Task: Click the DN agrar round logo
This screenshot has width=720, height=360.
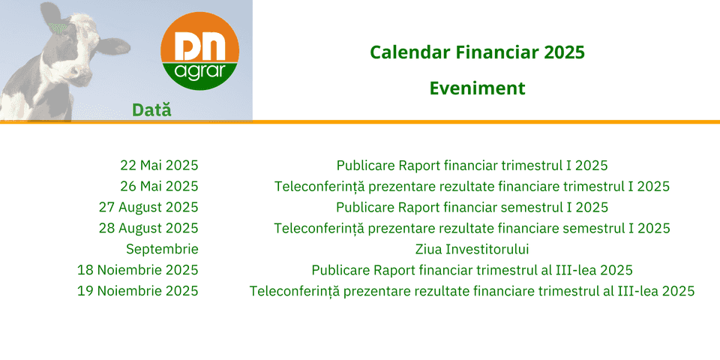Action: click(199, 51)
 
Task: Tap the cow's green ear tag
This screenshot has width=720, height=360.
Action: click(58, 28)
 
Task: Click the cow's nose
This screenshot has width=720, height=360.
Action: click(82, 77)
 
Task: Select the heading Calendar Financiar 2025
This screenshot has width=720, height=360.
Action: click(477, 52)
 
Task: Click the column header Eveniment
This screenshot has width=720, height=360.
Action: click(477, 88)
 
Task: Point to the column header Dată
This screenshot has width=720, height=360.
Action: click(151, 109)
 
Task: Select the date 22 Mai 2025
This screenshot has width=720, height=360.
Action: click(159, 165)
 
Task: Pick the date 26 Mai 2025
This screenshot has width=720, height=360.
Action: click(159, 187)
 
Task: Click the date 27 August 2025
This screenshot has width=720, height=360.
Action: click(148, 208)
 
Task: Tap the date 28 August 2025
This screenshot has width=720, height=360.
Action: click(148, 228)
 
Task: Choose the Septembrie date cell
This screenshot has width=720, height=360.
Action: click(163, 250)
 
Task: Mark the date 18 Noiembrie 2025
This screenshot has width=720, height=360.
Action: click(138, 270)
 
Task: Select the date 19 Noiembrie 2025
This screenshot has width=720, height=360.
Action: click(138, 291)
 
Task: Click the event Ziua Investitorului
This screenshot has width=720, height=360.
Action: click(472, 249)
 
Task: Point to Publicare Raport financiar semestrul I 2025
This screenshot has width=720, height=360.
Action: click(472, 208)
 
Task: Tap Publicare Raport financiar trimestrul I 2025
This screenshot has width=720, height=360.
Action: click(472, 165)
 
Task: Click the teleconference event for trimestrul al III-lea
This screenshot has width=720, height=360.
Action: click(472, 291)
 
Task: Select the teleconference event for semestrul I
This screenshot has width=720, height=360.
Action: click(472, 228)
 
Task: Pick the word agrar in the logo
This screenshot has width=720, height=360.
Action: click(200, 73)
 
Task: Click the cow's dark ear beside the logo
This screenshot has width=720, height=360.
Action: click(113, 46)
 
